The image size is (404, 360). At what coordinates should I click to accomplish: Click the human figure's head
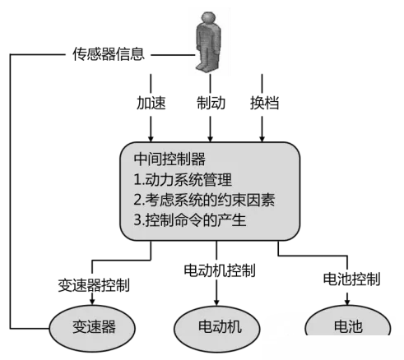pyautogui.click(x=208, y=17)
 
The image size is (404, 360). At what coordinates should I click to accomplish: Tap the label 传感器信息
pyautogui.click(x=109, y=54)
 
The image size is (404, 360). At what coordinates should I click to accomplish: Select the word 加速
pyautogui.click(x=151, y=103)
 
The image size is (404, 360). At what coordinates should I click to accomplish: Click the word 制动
pyautogui.click(x=211, y=103)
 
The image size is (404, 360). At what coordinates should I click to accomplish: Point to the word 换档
pyautogui.click(x=264, y=103)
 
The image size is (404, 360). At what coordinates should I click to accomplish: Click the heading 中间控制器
pyautogui.click(x=169, y=159)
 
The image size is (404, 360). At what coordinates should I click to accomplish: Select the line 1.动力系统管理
pyautogui.click(x=183, y=180)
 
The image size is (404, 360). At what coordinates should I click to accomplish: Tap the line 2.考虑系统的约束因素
pyautogui.click(x=204, y=200)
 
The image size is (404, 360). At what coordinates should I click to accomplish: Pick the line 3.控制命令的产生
pyautogui.click(x=190, y=220)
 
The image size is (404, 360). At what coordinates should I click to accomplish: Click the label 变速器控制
pyautogui.click(x=94, y=285)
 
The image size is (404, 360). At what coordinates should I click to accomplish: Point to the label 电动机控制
pyautogui.click(x=220, y=270)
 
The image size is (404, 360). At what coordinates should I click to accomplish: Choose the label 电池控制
pyautogui.click(x=351, y=279)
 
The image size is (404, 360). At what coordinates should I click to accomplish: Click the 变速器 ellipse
pyautogui.click(x=92, y=328)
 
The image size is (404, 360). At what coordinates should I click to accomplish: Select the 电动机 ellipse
pyautogui.click(x=217, y=329)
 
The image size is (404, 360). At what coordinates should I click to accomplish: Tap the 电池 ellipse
pyautogui.click(x=348, y=321)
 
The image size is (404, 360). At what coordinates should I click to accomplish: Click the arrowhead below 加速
pyautogui.click(x=151, y=138)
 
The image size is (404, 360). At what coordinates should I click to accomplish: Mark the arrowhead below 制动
pyautogui.click(x=211, y=138)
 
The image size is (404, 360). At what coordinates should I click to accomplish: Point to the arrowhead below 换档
pyautogui.click(x=262, y=138)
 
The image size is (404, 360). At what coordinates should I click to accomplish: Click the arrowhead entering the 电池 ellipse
pyautogui.click(x=347, y=302)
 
